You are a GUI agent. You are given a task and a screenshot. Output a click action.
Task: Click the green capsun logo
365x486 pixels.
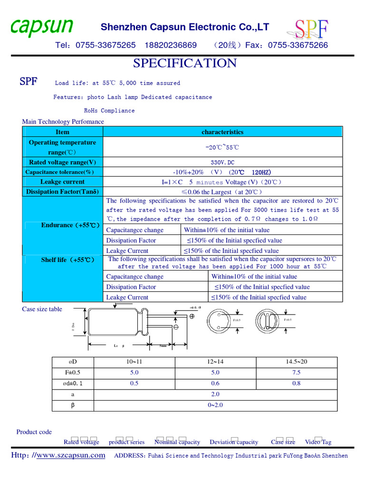click(x=42, y=28)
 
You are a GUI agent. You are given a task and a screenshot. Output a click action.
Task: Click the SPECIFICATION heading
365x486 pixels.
click(x=185, y=63)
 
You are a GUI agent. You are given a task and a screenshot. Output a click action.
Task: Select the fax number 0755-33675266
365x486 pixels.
click(x=298, y=45)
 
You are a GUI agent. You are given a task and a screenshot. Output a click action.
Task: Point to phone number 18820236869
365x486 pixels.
click(x=170, y=45)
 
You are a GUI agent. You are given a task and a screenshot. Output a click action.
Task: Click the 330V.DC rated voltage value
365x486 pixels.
click(x=222, y=162)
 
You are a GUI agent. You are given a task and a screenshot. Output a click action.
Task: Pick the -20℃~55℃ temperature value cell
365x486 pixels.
click(x=222, y=147)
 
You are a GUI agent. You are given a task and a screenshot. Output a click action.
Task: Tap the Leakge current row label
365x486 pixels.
click(x=62, y=182)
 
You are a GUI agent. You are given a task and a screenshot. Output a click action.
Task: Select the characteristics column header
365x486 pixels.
click(x=222, y=132)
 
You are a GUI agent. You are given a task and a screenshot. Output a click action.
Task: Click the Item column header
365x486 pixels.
click(x=62, y=132)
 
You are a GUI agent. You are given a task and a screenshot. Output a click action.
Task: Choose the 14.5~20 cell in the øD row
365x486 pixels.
click(x=297, y=362)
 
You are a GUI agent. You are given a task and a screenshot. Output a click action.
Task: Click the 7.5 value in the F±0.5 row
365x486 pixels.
click(x=297, y=373)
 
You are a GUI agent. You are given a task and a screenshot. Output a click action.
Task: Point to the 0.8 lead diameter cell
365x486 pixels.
click(x=297, y=383)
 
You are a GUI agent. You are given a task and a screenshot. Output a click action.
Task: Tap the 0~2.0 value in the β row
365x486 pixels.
click(x=215, y=405)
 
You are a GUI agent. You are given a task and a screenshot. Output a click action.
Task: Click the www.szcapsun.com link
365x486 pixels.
click(x=71, y=456)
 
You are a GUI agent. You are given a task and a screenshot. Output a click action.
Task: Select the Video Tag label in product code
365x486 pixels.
click(x=318, y=442)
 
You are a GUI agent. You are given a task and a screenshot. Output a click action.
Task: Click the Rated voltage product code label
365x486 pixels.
click(x=82, y=442)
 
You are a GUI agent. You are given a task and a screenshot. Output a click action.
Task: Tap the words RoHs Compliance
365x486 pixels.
click(x=109, y=111)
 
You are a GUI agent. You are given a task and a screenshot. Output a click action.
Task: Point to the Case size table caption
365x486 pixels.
click(x=42, y=309)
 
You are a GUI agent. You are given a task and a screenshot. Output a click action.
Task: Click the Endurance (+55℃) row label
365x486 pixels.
click(x=70, y=225)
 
